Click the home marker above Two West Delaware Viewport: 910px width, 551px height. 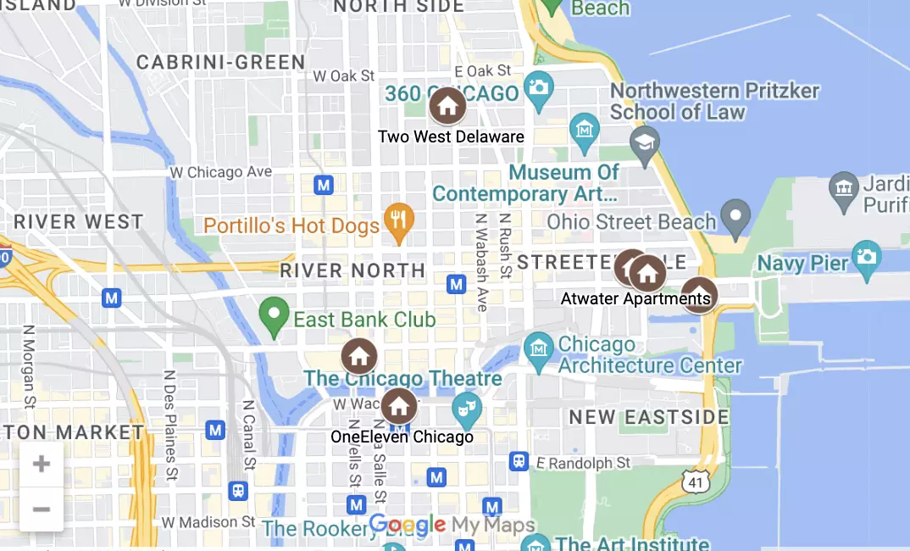[x=447, y=107]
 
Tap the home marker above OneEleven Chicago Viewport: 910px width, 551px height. [x=398, y=406]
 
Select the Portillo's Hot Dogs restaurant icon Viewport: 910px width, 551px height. [x=398, y=220]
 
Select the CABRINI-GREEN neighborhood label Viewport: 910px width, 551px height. [x=220, y=62]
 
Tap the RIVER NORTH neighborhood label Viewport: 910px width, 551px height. [x=352, y=271]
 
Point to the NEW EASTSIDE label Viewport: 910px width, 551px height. [x=649, y=417]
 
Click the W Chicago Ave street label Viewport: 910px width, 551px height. [x=220, y=172]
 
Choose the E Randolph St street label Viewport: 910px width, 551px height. [x=583, y=463]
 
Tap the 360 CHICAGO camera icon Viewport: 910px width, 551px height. [x=538, y=86]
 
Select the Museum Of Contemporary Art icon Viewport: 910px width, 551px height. [x=585, y=130]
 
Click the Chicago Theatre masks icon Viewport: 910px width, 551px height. [x=465, y=409]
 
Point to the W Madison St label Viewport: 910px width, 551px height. [x=208, y=520]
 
